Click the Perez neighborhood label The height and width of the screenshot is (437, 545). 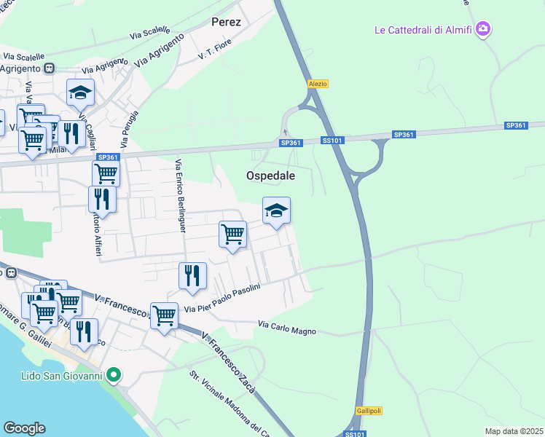click(226, 22)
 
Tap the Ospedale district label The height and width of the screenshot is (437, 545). click(270, 176)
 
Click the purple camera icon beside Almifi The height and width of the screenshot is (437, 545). click(482, 29)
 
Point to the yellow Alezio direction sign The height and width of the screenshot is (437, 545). click(318, 84)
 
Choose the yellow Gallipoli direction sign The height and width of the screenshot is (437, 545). click(369, 411)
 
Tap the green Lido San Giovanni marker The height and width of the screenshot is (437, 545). click(113, 376)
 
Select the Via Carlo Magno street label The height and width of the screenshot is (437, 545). click(288, 328)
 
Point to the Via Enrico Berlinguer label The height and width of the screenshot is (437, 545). click(179, 197)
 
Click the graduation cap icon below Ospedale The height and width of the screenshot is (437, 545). click(276, 210)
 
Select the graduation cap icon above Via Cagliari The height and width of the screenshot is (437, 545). click(80, 92)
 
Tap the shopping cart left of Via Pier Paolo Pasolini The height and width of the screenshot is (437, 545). click(164, 315)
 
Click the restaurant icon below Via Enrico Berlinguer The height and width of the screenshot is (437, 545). click(192, 275)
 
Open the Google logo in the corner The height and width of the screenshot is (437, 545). click(25, 428)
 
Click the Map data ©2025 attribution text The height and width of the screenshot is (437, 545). click(514, 431)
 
